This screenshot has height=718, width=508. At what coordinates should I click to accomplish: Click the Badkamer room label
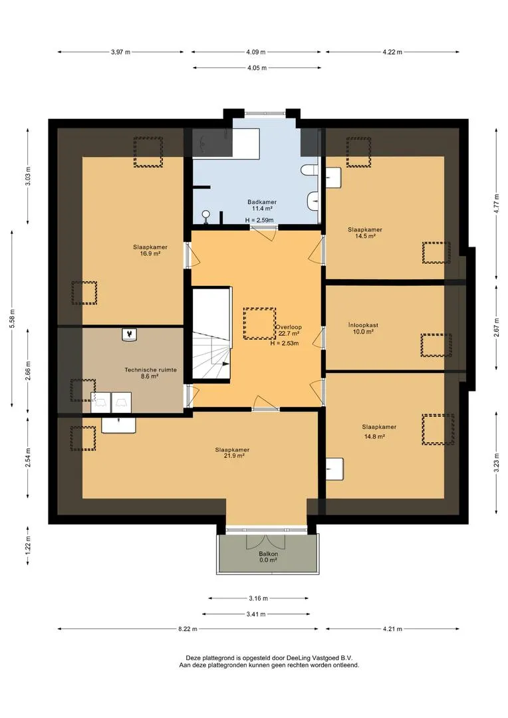pos(261,202)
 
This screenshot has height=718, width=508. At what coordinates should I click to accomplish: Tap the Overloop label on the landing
pos(289,327)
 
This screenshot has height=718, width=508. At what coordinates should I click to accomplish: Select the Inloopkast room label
pos(363,326)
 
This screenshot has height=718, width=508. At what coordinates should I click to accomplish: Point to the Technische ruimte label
pos(151,370)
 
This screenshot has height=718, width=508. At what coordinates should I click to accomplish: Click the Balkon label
pos(269,554)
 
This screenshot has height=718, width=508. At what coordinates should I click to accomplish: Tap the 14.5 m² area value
pos(366,236)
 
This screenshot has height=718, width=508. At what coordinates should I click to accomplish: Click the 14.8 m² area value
pos(374,436)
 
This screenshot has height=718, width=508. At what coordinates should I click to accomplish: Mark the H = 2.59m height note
pos(259,220)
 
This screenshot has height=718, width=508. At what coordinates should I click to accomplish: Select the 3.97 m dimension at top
pos(120,53)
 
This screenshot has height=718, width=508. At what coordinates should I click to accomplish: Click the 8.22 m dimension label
pos(188,629)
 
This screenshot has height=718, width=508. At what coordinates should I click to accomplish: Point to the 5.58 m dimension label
pos(13,318)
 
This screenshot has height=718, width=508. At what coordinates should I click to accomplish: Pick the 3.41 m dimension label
pos(256,614)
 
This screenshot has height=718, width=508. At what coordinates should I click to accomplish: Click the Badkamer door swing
pos(266,234)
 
